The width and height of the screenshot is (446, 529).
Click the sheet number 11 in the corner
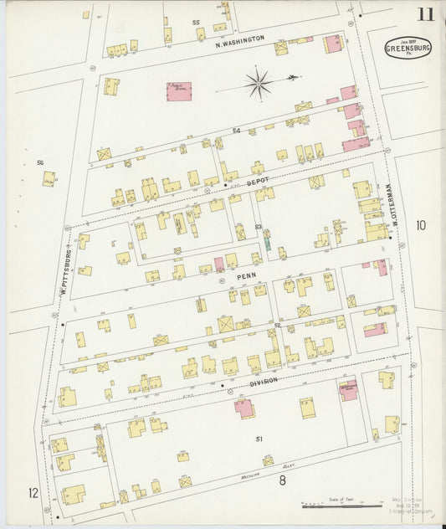[427, 13]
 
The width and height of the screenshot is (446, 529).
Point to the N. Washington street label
[239, 39]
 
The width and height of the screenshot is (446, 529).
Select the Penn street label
[247, 274]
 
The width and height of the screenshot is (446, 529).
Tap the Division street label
[263, 381]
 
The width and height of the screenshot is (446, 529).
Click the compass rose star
[259, 83]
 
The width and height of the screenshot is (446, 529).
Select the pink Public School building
[178, 90]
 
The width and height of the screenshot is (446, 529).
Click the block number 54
[236, 131]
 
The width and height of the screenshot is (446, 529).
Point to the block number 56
[39, 162]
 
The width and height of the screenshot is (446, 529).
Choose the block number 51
[259, 439]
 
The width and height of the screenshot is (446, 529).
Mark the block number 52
[276, 323]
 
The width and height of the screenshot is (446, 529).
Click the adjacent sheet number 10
[420, 224]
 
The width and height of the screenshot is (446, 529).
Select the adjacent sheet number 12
[33, 492]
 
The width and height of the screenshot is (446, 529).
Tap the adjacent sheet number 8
[283, 480]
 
